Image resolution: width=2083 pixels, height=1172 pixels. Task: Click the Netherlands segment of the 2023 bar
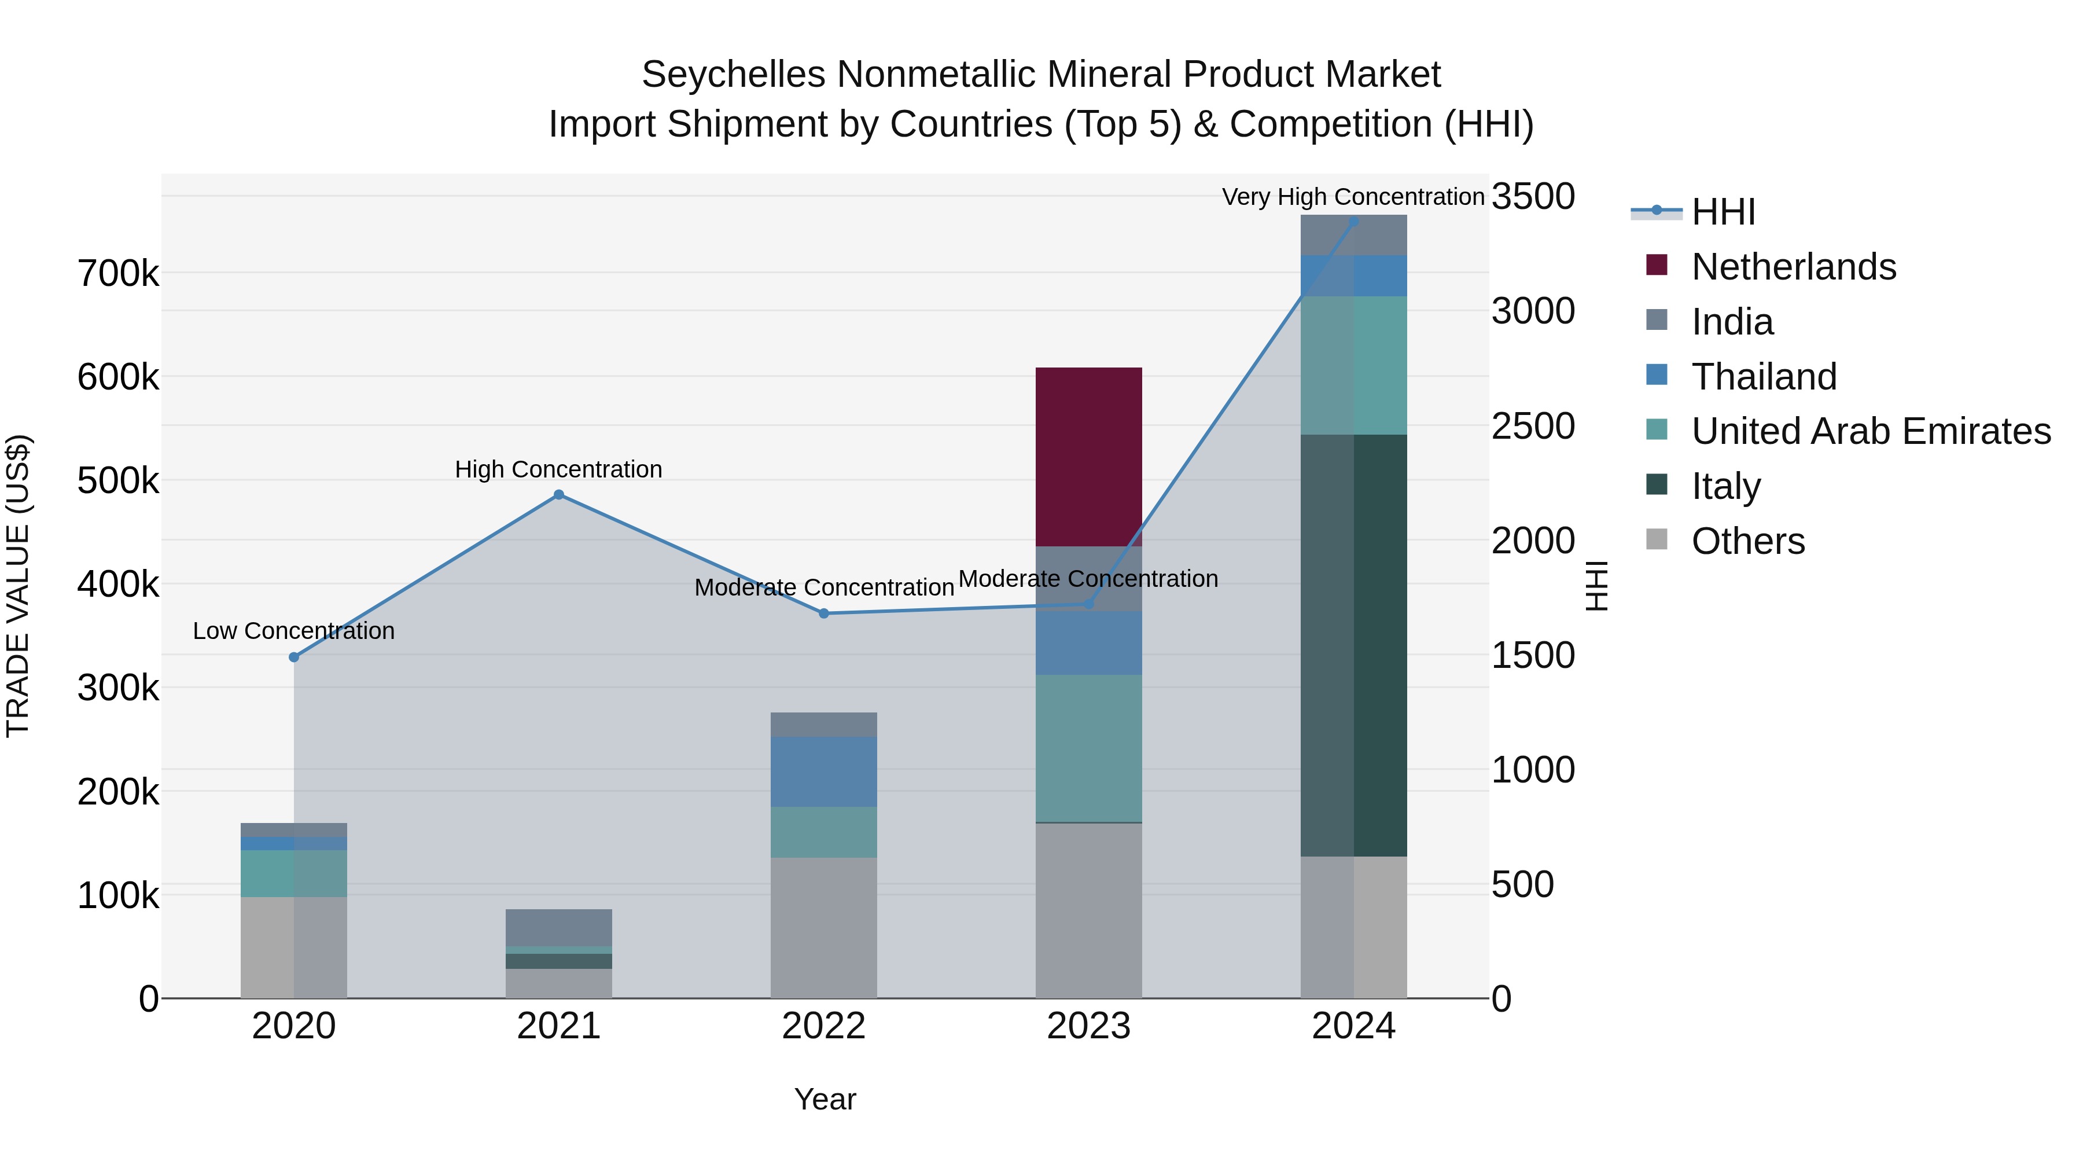click(1088, 457)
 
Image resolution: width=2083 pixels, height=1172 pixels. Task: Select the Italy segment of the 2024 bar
click(1353, 645)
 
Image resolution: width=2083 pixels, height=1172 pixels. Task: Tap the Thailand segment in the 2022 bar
click(823, 771)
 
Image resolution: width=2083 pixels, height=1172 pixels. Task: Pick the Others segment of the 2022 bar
click(823, 927)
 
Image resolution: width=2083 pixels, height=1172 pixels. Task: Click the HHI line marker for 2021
click(559, 495)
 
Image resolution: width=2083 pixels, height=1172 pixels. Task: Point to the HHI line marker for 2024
click(1353, 221)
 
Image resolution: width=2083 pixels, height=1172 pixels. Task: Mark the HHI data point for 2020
click(295, 657)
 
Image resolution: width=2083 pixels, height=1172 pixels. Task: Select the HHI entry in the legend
click(1723, 212)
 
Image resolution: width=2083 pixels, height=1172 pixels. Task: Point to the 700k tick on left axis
click(118, 274)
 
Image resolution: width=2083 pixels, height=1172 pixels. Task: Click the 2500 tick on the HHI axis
click(1532, 426)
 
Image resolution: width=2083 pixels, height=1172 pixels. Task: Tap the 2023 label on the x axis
click(1088, 1026)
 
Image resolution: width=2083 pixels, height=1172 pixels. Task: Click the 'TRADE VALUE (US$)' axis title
click(19, 586)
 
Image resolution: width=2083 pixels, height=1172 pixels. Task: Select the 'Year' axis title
click(824, 1099)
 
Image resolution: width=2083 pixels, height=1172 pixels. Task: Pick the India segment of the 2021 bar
click(559, 927)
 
